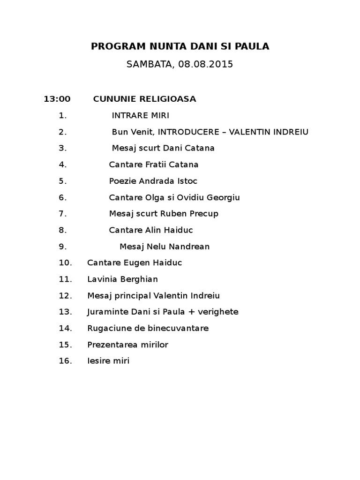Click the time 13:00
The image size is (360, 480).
click(57, 99)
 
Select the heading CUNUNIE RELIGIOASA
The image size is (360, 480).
click(144, 99)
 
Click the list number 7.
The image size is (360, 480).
click(63, 214)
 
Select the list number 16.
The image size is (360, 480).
click(65, 361)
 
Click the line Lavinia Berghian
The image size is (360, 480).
click(122, 279)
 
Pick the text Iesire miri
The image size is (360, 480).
click(108, 361)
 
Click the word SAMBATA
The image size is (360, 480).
click(149, 65)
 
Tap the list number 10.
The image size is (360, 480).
click(65, 263)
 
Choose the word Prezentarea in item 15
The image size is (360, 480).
click(112, 345)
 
